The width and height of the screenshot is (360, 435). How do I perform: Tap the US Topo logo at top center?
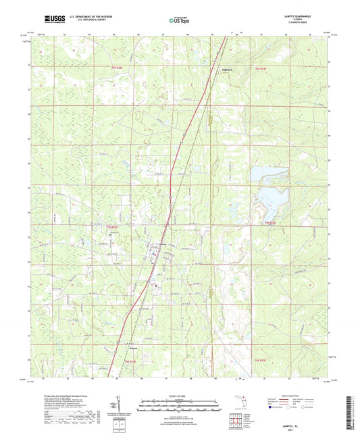click(x=180, y=20)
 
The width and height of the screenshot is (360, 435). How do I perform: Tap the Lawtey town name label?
click(x=162, y=245)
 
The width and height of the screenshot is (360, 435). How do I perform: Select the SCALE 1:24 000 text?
click(x=180, y=395)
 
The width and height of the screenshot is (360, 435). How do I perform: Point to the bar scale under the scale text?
click(x=180, y=405)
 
